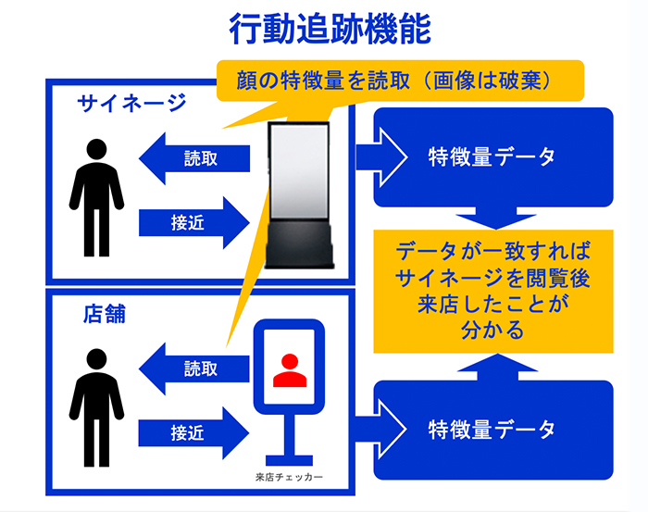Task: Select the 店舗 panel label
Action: point(104,314)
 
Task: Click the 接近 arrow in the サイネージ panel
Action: point(194,222)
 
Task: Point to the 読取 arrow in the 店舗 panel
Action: point(193,368)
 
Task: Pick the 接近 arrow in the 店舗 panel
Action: point(194,431)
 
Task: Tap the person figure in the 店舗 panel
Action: point(96,408)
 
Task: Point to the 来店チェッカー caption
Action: point(289,479)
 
